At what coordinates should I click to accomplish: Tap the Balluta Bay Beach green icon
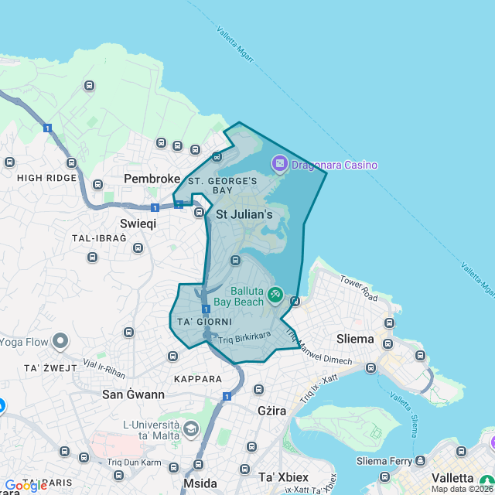[275, 295]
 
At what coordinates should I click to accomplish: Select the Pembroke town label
[152, 179]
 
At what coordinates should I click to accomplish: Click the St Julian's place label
[244, 214]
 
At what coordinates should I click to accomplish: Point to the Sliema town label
[355, 339]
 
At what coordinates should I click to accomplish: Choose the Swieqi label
[138, 223]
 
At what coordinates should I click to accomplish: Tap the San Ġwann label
[133, 394]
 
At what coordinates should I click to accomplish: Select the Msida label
[200, 483]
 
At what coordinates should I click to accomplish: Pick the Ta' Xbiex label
[283, 476]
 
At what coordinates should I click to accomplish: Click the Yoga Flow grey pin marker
[60, 342]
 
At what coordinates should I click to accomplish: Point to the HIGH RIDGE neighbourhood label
[47, 177]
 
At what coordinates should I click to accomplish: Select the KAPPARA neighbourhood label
[198, 379]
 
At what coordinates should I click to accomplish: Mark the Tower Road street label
[358, 291]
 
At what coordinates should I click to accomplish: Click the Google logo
[26, 486]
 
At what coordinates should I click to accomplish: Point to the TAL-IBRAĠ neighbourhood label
[99, 237]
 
